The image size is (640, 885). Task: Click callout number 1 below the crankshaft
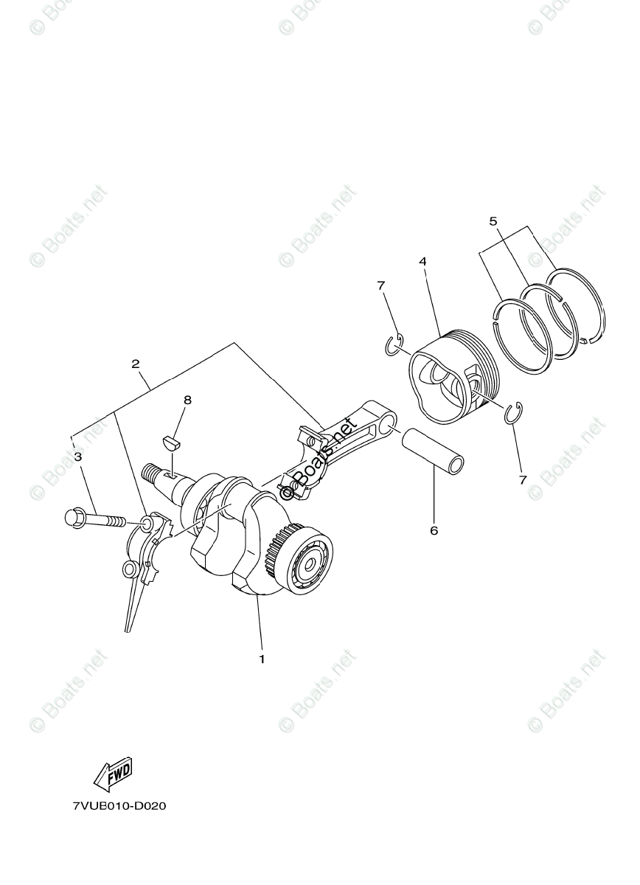click(261, 659)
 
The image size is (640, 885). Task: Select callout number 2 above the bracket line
click(136, 364)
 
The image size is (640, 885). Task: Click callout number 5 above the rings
click(493, 221)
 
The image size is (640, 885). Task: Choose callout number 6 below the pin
click(434, 530)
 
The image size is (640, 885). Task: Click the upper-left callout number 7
click(380, 285)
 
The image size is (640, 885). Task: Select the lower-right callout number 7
click(523, 479)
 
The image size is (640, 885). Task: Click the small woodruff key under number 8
click(171, 443)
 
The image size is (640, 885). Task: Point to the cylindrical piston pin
click(434, 449)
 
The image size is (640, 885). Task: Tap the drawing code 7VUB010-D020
click(119, 806)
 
